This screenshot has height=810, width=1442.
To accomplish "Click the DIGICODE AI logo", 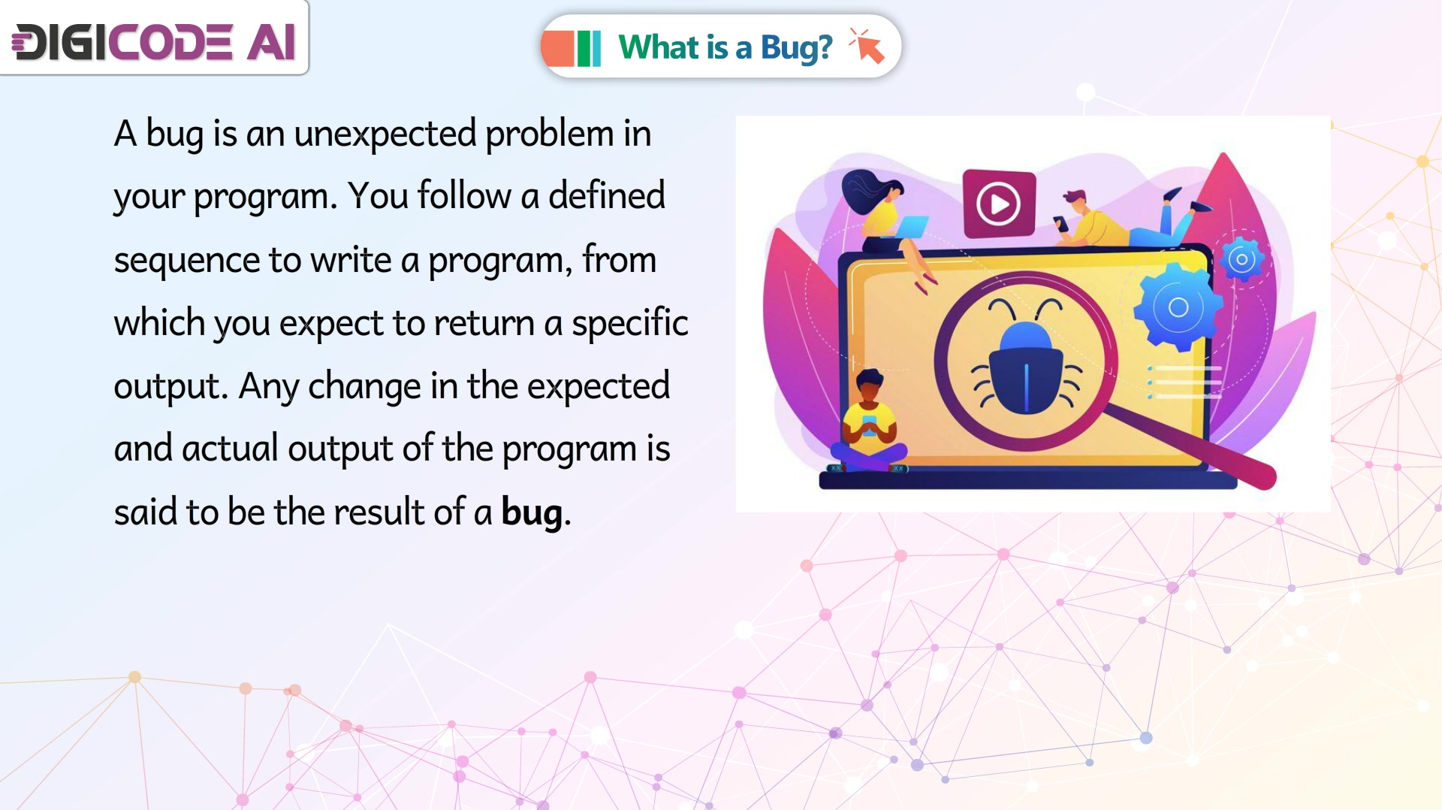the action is coord(154,41).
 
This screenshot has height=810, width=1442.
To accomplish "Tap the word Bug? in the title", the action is coord(796,48).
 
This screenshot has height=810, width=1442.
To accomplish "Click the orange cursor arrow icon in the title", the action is coord(867,46).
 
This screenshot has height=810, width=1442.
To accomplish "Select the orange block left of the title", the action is coord(557,48).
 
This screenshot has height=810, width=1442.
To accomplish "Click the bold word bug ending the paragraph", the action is coord(532,513).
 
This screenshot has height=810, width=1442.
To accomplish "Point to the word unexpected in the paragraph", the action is coord(385,134).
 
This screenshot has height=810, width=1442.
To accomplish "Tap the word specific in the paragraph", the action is coord(629,323).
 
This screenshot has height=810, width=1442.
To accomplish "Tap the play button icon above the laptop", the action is coord(999,203).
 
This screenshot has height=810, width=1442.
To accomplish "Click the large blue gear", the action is coord(1178,307).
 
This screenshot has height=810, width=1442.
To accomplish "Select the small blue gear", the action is coord(1241,260).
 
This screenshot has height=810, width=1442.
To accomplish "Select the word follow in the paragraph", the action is coord(464,196).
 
